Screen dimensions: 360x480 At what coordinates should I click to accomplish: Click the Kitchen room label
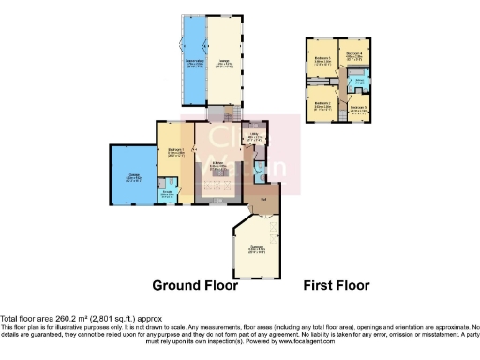point(217,165)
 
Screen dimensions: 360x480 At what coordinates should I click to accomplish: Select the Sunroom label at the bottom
point(255,248)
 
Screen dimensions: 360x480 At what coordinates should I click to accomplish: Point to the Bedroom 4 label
point(354,55)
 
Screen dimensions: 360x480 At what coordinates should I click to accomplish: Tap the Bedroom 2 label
point(322,104)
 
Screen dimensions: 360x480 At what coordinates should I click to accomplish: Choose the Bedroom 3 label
point(356,108)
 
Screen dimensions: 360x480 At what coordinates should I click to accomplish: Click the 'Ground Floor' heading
point(196,286)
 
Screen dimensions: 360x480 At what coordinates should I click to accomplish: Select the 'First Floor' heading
point(337,286)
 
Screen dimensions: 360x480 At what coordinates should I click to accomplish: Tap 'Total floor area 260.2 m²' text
point(56,319)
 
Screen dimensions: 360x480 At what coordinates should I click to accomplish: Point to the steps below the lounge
point(225,109)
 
